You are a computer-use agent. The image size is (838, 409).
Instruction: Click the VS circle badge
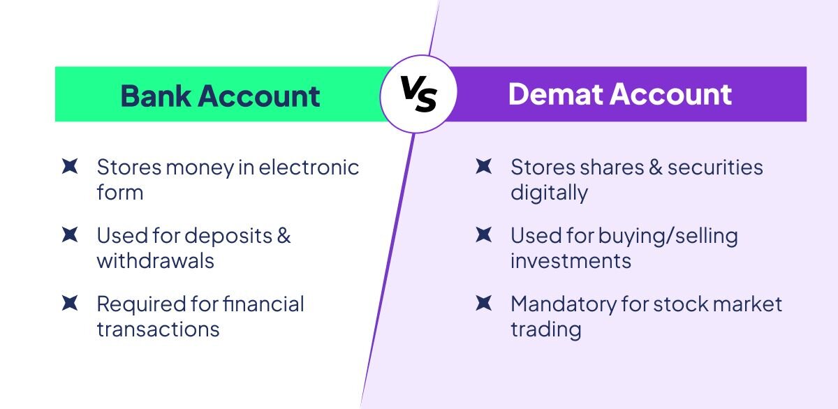[418, 94]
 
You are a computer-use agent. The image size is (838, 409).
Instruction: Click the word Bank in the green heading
[156, 96]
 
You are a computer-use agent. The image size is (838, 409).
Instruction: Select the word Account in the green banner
[259, 96]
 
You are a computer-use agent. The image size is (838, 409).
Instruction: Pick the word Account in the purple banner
[671, 94]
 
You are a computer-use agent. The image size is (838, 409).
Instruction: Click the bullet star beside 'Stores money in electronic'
[70, 166]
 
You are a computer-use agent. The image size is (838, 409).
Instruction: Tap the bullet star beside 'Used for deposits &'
[70, 235]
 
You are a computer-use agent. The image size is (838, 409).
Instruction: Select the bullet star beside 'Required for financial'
[70, 303]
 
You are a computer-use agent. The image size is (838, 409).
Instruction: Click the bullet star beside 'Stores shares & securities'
[484, 166]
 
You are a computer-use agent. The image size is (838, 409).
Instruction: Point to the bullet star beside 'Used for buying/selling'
[484, 235]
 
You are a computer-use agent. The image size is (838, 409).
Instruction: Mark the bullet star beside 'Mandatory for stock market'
[484, 303]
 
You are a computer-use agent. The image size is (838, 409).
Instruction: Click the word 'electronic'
[309, 167]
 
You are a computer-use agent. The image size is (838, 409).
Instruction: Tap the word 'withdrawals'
[155, 260]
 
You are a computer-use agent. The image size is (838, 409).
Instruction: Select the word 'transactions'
[158, 329]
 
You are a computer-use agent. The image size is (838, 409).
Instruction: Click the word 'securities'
[715, 167]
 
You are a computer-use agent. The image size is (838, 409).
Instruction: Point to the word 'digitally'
[549, 193]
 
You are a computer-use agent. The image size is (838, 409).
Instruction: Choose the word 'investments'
[571, 260]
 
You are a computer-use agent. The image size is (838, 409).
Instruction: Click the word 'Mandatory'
[564, 305]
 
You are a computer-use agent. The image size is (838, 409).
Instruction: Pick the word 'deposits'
[228, 237]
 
